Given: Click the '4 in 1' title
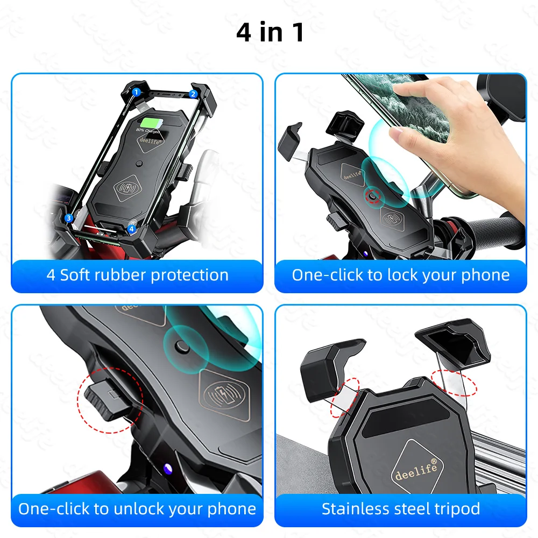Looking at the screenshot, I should coord(270,33).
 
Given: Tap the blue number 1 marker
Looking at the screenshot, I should coord(136,92).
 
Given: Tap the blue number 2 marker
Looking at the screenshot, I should coord(193,94).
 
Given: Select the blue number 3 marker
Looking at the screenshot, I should coord(69,218).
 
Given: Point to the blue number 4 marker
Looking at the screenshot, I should coord(131,228).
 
